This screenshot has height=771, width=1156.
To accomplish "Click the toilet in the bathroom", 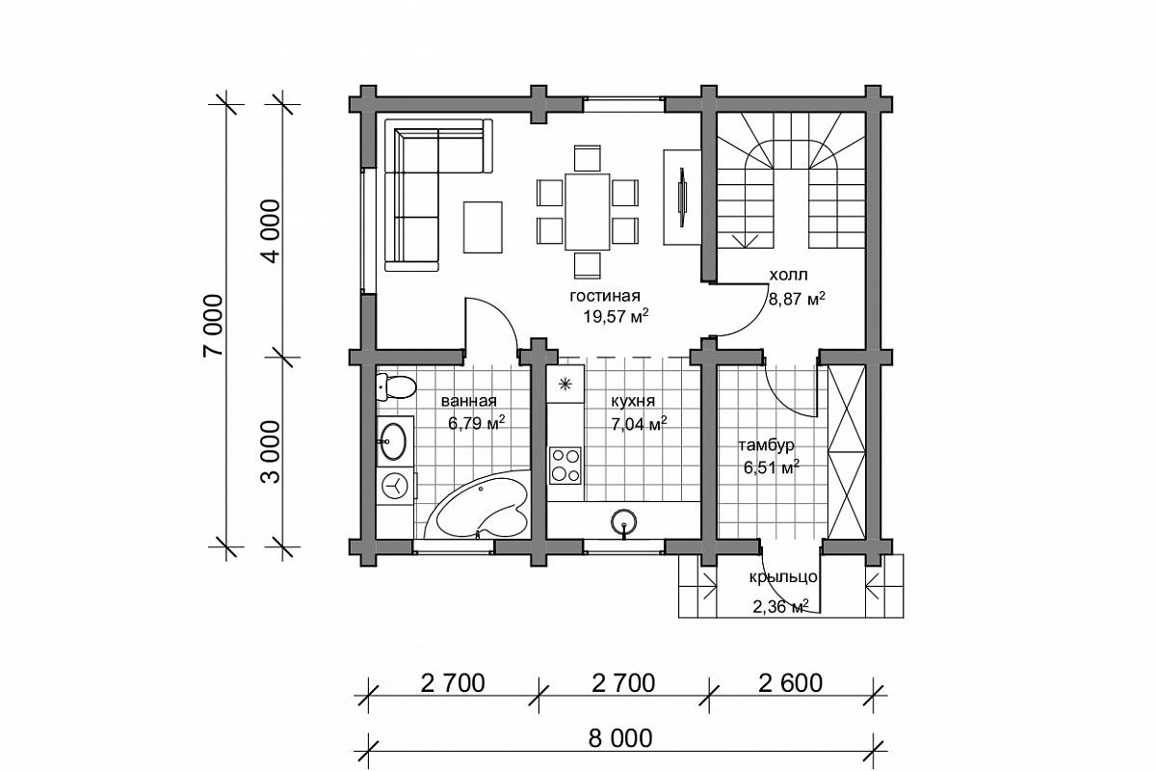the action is click(x=396, y=386).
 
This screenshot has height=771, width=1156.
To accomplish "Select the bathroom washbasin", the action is click(x=393, y=441).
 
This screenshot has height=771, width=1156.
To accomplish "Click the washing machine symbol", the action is click(x=395, y=486).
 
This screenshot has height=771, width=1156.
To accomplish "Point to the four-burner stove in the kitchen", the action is click(x=565, y=465).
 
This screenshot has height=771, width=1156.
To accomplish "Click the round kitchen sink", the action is click(x=623, y=522).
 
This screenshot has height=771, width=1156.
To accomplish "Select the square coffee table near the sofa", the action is click(x=483, y=227).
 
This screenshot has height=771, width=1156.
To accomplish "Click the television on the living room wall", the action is click(x=682, y=197).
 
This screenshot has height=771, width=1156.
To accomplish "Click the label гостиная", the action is click(x=605, y=296).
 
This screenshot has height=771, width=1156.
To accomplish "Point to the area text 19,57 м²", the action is click(x=616, y=315).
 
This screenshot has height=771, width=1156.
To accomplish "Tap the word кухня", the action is click(x=633, y=401).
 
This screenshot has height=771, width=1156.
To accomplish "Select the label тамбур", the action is click(x=767, y=445).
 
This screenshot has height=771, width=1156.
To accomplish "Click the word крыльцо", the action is click(x=783, y=576).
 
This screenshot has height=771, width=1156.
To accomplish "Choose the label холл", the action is click(x=788, y=276).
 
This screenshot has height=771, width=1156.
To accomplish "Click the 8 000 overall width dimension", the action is click(x=620, y=738).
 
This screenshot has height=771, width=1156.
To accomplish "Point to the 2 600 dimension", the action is click(x=790, y=683).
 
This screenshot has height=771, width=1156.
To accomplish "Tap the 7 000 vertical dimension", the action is click(x=213, y=326).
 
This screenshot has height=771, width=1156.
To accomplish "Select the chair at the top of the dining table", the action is click(x=588, y=158).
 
